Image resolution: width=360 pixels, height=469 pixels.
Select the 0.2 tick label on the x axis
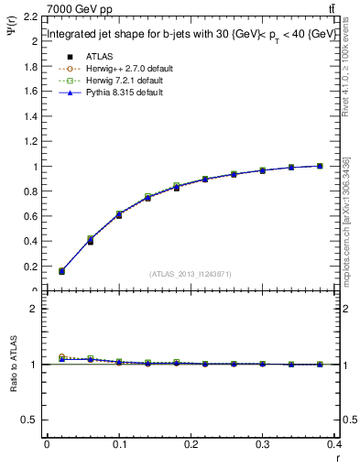pyautogui.click(x=191, y=446)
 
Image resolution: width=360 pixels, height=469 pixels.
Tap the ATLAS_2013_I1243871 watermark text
pyautogui.click(x=190, y=273)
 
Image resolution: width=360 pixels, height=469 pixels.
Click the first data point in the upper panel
pyautogui.click(x=61, y=271)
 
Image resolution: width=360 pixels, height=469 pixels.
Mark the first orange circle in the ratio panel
pyautogui.click(x=61, y=356)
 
